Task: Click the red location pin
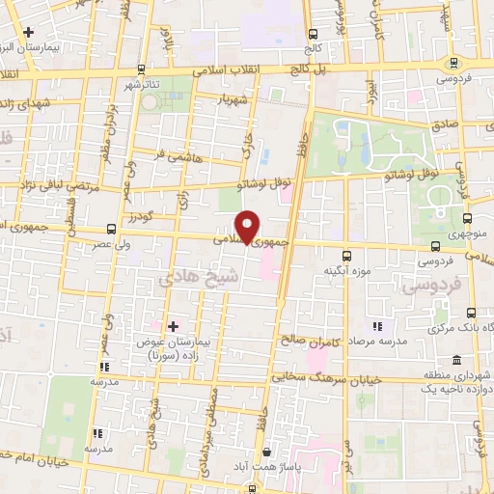click(x=248, y=226)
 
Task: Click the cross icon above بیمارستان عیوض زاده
click(x=174, y=326)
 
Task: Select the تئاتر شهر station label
click(x=141, y=84)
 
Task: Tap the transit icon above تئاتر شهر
click(x=142, y=69)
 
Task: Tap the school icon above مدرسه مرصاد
click(x=377, y=327)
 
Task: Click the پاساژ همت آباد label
click(x=281, y=467)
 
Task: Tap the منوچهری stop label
click(x=467, y=233)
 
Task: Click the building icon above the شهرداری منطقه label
click(x=470, y=359)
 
